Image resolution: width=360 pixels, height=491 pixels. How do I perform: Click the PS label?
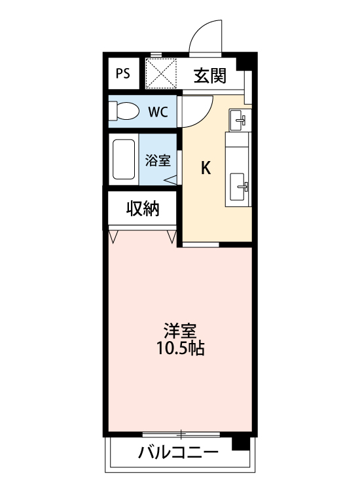(123, 73)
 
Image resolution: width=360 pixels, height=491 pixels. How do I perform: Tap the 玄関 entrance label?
(209, 76)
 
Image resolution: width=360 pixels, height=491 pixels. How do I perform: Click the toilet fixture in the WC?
(124, 112)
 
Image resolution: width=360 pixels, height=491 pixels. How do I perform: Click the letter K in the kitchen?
(205, 169)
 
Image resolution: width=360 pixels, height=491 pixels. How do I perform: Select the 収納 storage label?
(143, 209)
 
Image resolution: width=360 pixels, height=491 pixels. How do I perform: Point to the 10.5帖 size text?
(180, 348)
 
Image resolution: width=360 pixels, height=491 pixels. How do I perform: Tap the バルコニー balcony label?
(178, 452)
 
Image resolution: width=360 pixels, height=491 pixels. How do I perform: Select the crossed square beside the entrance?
(161, 73)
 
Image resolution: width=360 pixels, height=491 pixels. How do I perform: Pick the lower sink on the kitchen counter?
(239, 190)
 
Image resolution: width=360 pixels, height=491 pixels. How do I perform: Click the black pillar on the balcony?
(242, 444)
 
